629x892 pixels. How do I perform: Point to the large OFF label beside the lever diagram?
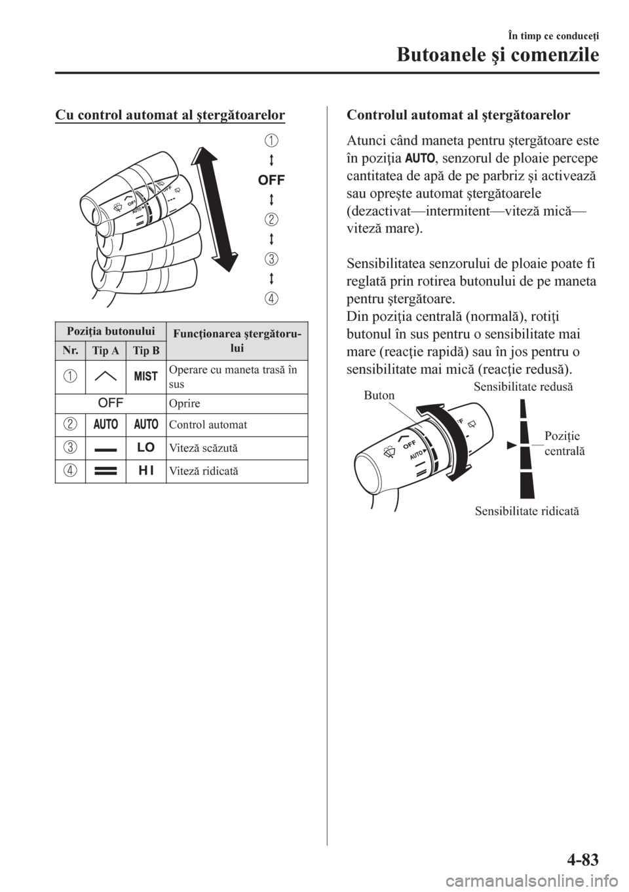pos(270,179)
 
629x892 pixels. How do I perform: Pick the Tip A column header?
pos(105,351)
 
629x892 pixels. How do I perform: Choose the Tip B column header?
pos(146,351)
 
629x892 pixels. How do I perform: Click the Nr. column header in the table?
pos(69,351)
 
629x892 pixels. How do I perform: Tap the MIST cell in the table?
pos(146,376)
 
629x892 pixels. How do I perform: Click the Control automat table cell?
pos(197,425)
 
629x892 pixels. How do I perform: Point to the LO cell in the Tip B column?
pos(146,449)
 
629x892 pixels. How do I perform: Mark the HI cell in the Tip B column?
pos(146,471)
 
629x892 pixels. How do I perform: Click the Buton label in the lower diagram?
pos(380,396)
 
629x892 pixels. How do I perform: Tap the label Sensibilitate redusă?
pos(522,387)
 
